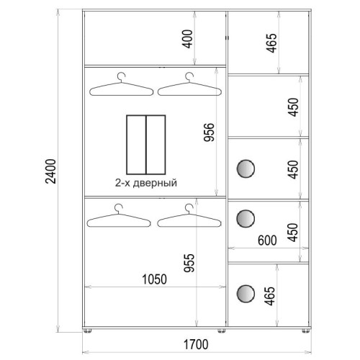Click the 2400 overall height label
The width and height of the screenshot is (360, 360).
coord(50,171)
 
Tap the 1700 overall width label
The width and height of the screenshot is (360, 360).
coord(196,344)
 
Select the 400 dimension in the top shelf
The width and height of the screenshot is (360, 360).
coord(187,39)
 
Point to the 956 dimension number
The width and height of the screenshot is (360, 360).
coord(209,132)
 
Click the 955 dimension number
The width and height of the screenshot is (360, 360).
coord(189,263)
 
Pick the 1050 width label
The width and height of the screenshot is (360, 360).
coord(154,279)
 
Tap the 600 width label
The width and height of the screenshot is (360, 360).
coord(267,240)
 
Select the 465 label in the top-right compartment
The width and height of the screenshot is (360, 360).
coord(271,43)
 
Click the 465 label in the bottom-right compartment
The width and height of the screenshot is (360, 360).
coord(269,296)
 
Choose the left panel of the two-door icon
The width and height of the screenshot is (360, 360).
coord(136,145)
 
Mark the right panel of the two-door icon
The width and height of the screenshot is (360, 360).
coord(156,145)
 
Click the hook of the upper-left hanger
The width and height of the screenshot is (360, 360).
coord(122,77)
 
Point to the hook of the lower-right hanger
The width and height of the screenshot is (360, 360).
coord(189,208)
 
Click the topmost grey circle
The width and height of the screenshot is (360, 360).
coord(246,169)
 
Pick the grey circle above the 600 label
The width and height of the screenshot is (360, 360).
coord(246,218)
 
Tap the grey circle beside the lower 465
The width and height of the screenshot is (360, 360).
coord(246,294)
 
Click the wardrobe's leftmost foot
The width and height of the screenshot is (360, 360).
coord(88,330)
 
